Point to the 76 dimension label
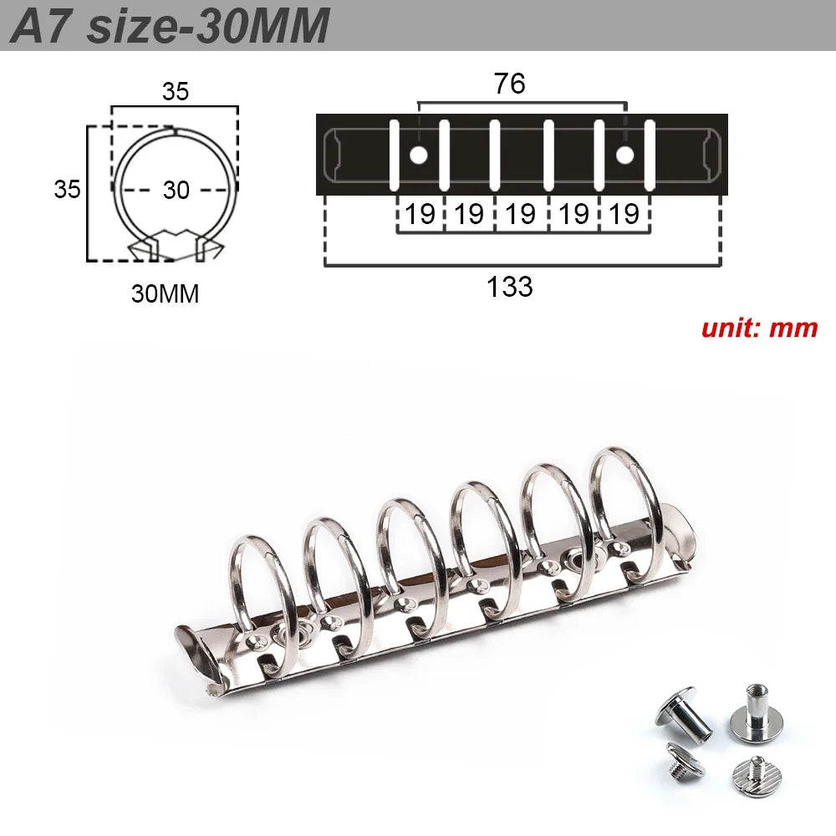[509, 84]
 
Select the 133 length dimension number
[509, 287]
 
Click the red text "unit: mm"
[759, 327]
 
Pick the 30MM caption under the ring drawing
[165, 293]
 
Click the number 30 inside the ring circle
[176, 190]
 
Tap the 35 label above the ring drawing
[175, 92]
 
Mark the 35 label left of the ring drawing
[67, 189]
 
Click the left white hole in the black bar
[419, 155]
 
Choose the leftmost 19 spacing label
[420, 214]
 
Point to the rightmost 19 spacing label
[624, 214]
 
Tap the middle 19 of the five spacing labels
[522, 214]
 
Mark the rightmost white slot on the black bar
[650, 155]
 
